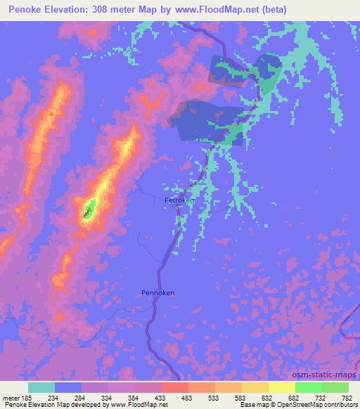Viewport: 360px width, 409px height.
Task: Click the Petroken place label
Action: pos(179,200)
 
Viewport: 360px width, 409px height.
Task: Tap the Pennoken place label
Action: pos(157,292)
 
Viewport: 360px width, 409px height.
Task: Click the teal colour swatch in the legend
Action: pos(41,387)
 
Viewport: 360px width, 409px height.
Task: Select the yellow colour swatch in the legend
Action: pos(281,387)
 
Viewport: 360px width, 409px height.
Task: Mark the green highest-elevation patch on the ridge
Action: pos(89,207)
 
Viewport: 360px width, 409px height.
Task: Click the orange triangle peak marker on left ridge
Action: pos(51,112)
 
